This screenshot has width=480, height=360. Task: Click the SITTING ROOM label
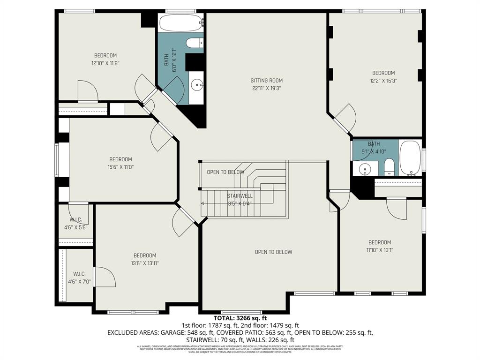pos(266,80)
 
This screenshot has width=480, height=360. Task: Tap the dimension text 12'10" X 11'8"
pos(105,63)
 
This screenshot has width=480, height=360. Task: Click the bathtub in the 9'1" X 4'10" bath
pos(411,157)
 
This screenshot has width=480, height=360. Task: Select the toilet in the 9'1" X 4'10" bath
pos(389,167)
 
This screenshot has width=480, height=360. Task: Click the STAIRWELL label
pos(240,196)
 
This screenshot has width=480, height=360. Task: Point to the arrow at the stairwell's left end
pos(203,203)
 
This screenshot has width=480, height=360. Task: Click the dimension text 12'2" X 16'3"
pos(383,80)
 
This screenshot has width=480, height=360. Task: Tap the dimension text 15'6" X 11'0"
pos(120,167)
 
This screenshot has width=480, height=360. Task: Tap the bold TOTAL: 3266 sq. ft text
pos(240,318)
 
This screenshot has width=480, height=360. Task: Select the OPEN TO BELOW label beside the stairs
pos(225,172)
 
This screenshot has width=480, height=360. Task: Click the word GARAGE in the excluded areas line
pos(172,333)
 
